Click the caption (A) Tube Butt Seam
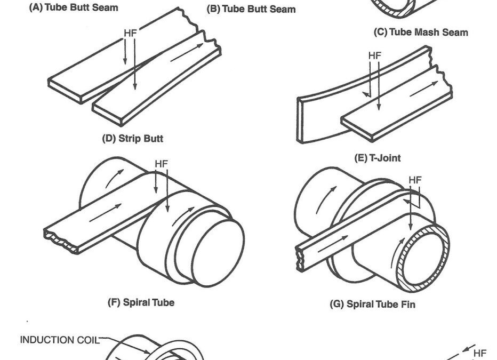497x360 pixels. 73,8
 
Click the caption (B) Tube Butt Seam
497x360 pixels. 251,9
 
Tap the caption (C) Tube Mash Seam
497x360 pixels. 421,32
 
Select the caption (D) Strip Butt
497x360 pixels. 132,139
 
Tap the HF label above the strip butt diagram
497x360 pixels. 131,33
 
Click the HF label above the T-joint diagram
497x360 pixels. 375,55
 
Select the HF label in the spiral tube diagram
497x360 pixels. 161,164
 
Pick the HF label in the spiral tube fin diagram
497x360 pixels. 415,180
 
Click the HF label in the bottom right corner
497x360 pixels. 480,353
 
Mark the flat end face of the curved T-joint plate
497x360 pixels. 301,120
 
